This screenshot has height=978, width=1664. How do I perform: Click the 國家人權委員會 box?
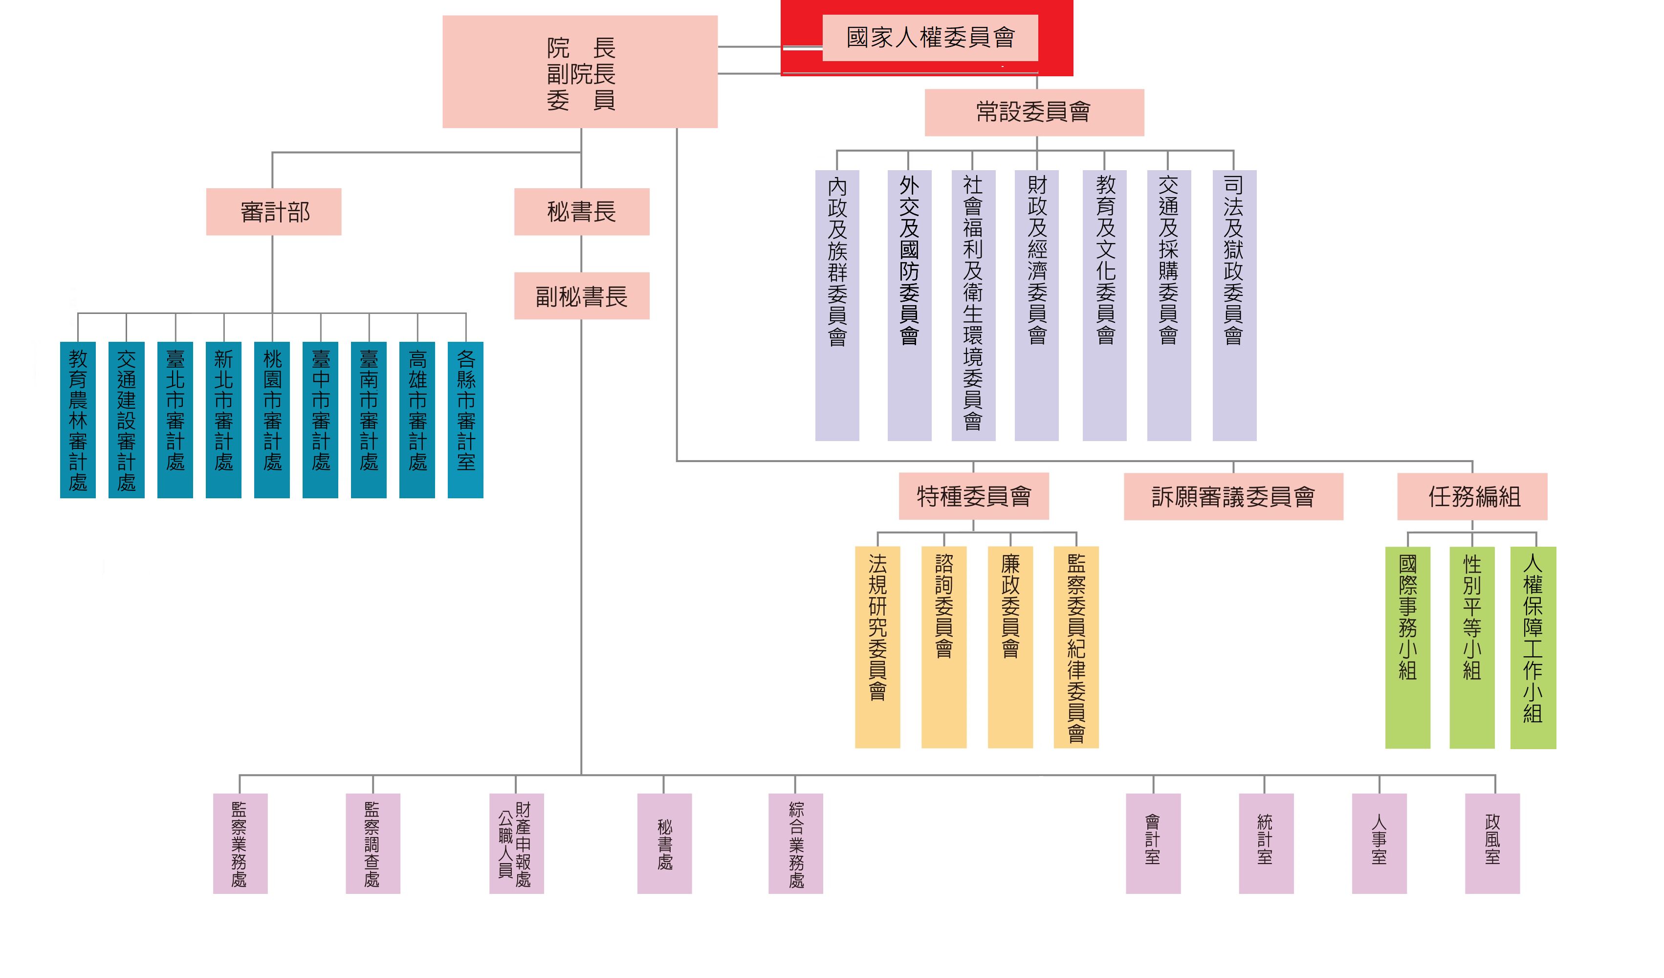coord(930,38)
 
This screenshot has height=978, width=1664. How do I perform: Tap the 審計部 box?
coord(273,212)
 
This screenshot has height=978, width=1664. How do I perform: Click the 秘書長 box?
coord(581,212)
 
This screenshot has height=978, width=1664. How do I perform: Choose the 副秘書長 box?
coord(581,296)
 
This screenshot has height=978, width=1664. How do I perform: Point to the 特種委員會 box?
coord(973,496)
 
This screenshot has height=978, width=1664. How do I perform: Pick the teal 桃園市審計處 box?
coord(272,420)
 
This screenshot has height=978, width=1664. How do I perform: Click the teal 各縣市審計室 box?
coord(465,420)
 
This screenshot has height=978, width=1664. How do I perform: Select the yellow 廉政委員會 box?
coord(1009,646)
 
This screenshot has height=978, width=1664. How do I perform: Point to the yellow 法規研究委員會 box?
coord(877,646)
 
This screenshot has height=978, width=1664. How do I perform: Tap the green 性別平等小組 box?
coord(1471,647)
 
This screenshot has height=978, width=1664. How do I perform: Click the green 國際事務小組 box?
coord(1407,647)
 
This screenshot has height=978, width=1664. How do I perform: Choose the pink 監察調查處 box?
coord(372,844)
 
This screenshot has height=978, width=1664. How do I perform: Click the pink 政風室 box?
coord(1491,844)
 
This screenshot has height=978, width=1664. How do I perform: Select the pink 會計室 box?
coord(1153,844)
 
